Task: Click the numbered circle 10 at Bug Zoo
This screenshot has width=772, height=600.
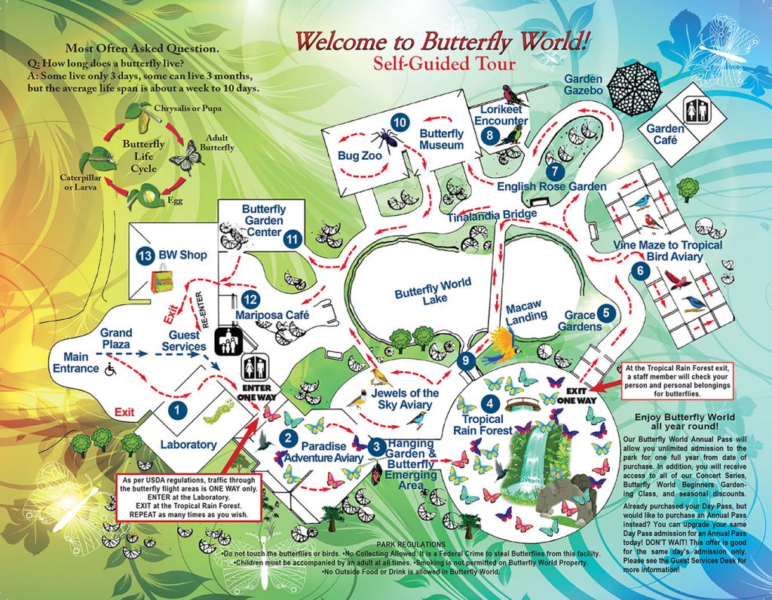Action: (x=400, y=122)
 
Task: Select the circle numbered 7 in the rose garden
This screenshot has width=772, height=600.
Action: (x=556, y=170)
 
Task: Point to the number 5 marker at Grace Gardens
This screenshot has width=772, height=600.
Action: (x=606, y=312)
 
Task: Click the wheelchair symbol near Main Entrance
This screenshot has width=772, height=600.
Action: (x=110, y=369)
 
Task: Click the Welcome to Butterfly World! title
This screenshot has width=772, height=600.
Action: (x=442, y=41)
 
